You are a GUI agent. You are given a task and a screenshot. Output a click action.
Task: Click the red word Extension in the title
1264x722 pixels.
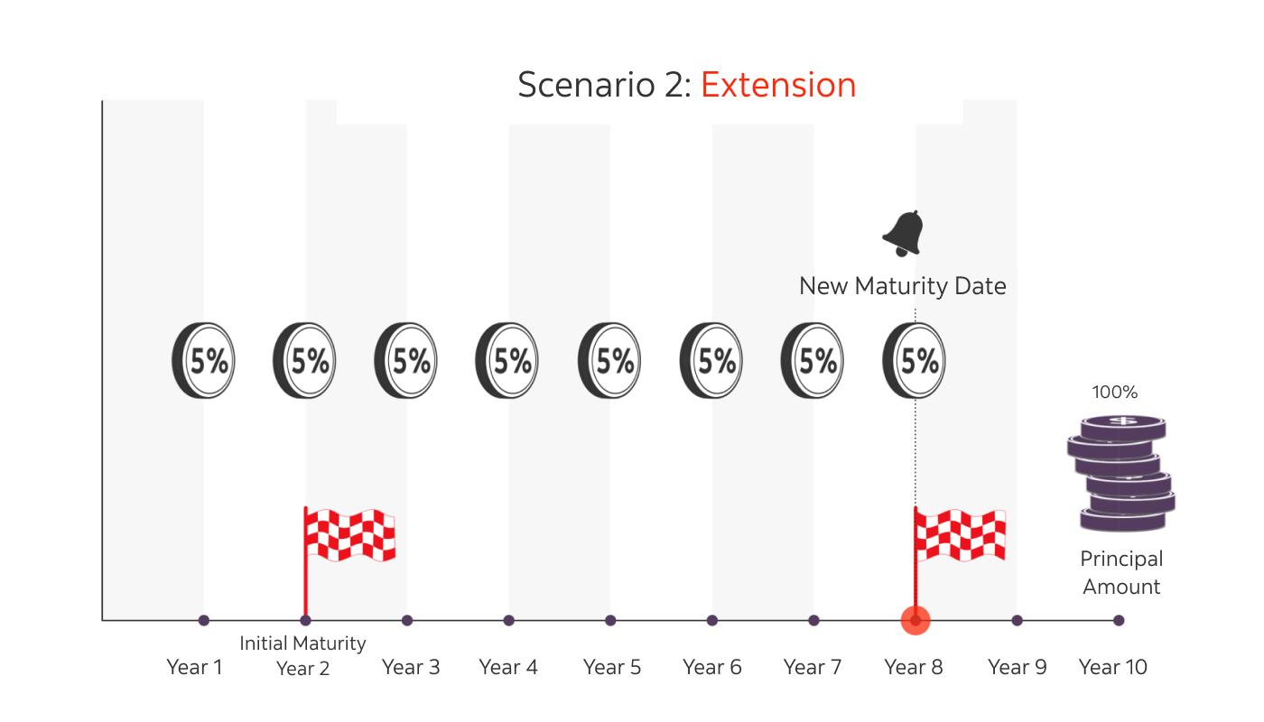[778, 85]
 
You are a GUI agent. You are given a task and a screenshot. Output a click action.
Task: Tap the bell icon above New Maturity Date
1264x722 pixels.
[903, 234]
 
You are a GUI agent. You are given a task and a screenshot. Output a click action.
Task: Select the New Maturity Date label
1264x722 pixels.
[902, 287]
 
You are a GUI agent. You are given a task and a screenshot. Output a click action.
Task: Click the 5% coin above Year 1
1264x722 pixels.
[204, 361]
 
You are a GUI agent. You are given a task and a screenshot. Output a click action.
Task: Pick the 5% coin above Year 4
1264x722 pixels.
[507, 361]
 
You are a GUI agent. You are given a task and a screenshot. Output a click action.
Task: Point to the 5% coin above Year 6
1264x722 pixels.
[711, 361]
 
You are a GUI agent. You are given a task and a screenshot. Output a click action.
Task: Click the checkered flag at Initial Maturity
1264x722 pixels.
[349, 534]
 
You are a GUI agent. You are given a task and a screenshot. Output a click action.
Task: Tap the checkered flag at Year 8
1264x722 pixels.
[959, 534]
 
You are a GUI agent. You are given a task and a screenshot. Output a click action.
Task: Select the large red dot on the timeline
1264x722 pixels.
[915, 620]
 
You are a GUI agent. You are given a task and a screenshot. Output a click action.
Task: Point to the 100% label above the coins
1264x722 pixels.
[1115, 393]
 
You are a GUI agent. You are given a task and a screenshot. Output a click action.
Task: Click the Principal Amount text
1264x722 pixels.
[1121, 573]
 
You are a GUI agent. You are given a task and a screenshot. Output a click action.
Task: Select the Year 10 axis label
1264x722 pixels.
[1113, 668]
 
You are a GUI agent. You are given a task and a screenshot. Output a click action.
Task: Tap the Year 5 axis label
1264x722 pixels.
[612, 668]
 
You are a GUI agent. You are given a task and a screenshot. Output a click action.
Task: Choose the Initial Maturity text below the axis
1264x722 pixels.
[302, 643]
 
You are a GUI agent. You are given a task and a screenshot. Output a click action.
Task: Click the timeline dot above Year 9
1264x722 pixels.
[1018, 620]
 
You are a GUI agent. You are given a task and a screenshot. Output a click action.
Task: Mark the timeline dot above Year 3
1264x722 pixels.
[407, 620]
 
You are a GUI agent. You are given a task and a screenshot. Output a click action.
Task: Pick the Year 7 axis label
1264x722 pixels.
[813, 668]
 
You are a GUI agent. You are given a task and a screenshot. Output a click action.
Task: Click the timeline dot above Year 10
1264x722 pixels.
[1119, 620]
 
